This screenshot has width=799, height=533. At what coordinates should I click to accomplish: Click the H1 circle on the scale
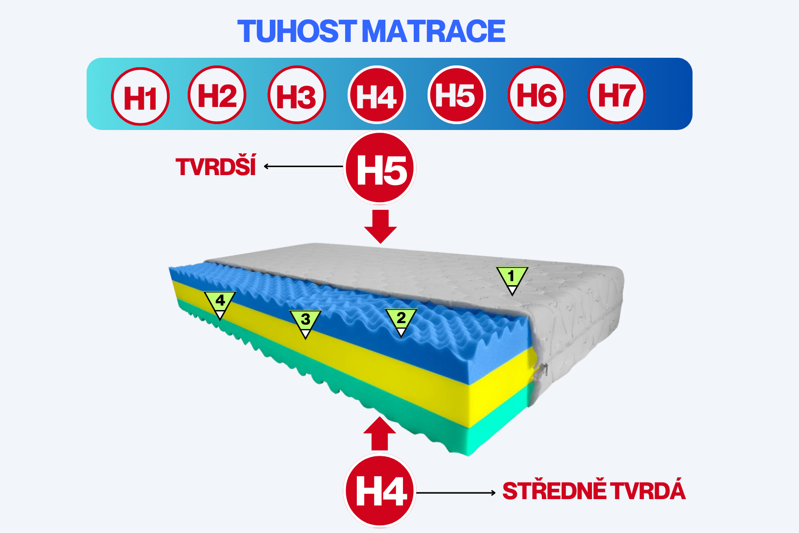[x=140, y=97]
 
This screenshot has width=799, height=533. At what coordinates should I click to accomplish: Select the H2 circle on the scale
[x=217, y=95]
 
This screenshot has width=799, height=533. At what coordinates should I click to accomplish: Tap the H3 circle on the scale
[x=297, y=95]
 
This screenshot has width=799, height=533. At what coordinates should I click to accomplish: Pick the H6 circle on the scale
[x=537, y=95]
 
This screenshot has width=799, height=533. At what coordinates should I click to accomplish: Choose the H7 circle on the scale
[x=617, y=95]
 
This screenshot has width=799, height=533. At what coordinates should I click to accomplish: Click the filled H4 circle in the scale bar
[x=377, y=95]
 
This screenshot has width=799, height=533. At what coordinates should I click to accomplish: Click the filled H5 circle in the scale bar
[x=457, y=95]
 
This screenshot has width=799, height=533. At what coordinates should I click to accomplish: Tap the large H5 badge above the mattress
[x=380, y=168]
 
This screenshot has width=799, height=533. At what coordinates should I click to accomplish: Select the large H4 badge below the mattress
[x=380, y=491]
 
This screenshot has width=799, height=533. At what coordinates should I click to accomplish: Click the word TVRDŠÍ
[x=216, y=167]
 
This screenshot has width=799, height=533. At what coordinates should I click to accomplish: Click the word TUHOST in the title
[x=296, y=31]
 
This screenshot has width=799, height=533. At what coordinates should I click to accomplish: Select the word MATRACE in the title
[x=434, y=31]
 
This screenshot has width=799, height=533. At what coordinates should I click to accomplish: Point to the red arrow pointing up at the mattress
[x=380, y=433]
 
